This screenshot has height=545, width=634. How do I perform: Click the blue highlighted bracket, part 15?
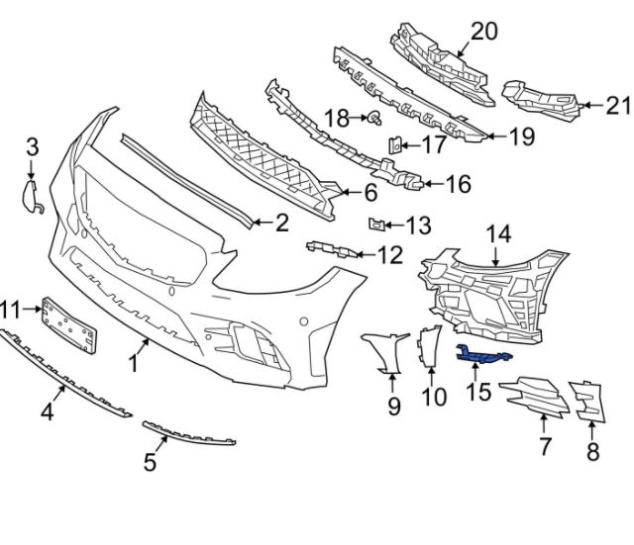483,353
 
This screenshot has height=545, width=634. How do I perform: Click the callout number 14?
498,233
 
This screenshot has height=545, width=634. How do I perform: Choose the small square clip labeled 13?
376,224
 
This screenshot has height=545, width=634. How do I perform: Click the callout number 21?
617,103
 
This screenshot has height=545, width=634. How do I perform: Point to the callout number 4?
47,410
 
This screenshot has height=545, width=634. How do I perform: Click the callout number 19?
522,137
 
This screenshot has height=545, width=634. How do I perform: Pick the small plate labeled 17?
393,145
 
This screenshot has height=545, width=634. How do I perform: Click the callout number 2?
281,224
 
